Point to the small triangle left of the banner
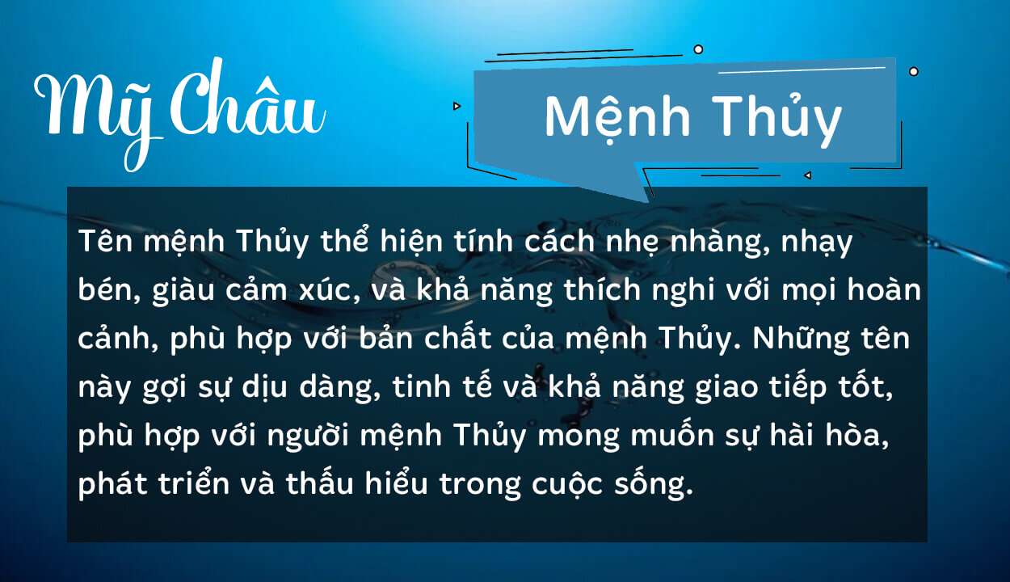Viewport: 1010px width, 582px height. pyautogui.click(x=457, y=105)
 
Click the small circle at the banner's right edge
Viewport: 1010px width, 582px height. pyautogui.click(x=914, y=71)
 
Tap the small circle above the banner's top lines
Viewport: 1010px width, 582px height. pyautogui.click(x=698, y=49)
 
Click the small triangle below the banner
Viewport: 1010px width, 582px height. pyautogui.click(x=806, y=175)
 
